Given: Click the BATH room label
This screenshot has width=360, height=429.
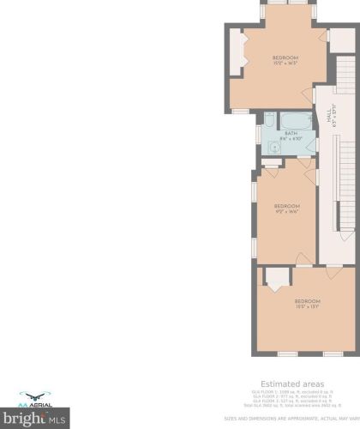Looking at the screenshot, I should point(291,133).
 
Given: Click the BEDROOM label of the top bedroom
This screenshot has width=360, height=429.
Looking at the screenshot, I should point(285,58).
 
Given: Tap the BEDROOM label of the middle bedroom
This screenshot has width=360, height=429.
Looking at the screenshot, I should point(286,206).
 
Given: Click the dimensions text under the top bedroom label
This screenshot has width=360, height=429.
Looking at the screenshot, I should point(285,63).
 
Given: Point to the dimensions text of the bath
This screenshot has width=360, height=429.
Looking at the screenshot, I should point(291,138).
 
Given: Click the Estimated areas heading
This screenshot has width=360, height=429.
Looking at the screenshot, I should point(285,384).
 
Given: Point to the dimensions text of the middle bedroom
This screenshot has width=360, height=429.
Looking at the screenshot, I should point(286,212).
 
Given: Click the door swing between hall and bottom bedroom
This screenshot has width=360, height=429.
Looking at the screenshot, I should point(330,273).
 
